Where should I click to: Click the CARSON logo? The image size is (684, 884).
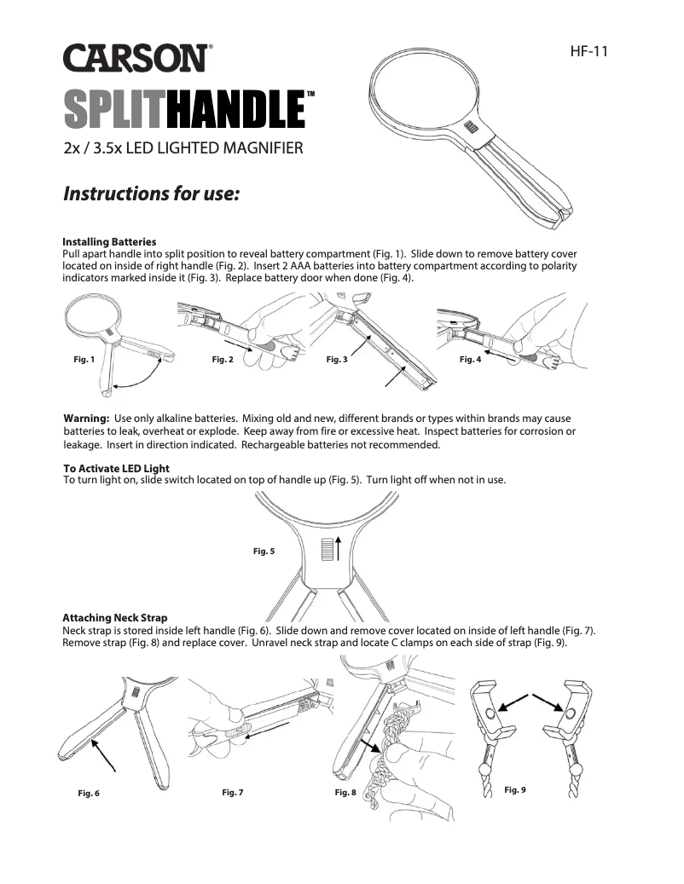(138, 57)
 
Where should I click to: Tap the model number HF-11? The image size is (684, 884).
(588, 51)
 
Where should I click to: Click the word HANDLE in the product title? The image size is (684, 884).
(235, 109)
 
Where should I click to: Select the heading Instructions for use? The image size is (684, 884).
(151, 194)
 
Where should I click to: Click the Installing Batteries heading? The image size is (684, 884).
(109, 242)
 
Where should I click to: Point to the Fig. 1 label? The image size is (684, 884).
(84, 359)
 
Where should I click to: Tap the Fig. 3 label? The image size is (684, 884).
(337, 359)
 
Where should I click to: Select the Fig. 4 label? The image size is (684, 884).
(470, 359)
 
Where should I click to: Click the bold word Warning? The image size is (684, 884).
(85, 419)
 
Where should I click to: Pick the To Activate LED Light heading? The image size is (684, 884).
(116, 468)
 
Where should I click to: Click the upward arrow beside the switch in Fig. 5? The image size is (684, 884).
(339, 548)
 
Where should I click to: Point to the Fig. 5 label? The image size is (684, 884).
(264, 551)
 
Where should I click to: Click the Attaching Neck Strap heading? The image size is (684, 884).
(115, 617)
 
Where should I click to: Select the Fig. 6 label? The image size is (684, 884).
(89, 794)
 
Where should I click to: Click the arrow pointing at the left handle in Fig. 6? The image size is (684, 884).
(104, 755)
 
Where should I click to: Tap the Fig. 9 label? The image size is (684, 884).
(515, 790)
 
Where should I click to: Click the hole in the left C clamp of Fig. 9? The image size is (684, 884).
(490, 714)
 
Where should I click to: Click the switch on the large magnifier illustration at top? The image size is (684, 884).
(472, 128)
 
